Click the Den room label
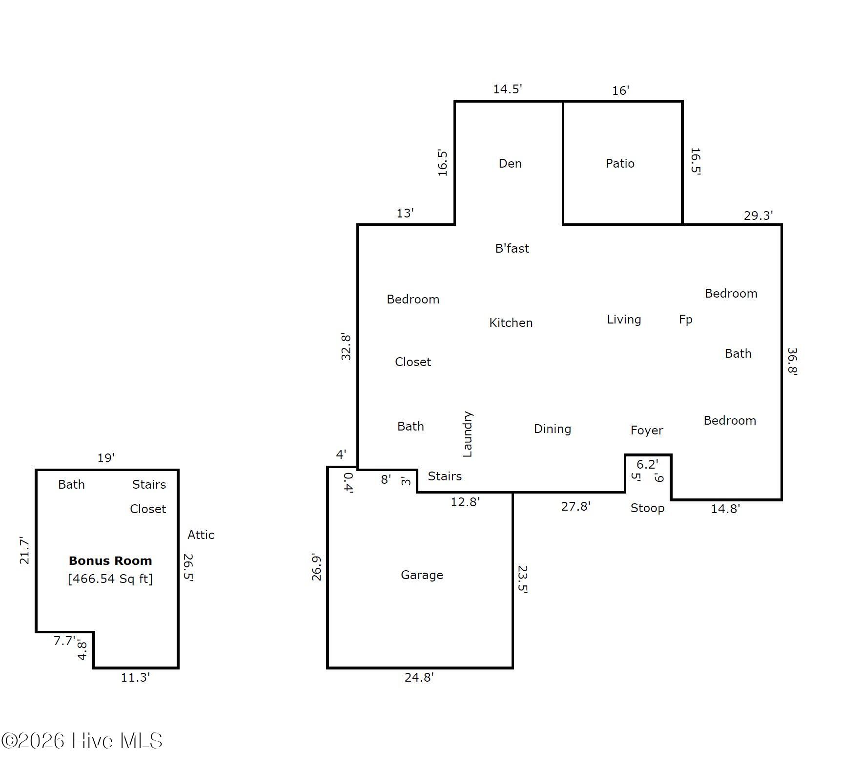pos(510,163)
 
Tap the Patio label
pos(620,163)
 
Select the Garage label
pos(422,575)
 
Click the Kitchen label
pos(511,323)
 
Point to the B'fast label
pos(512,248)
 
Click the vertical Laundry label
pos(467,434)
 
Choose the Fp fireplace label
pos(685,320)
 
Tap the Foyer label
pos(647,430)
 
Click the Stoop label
pos(647,508)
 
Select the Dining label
pos(552,429)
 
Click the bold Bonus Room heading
pos(110,560)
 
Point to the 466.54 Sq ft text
pos(110,579)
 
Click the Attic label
pos(201,535)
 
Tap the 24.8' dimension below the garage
pos(419,677)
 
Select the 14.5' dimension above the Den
pos(507,89)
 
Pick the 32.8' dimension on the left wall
pos(346,346)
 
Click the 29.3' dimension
pos(758,216)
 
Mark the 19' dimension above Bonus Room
pos(106,458)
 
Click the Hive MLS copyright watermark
pos(82,741)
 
